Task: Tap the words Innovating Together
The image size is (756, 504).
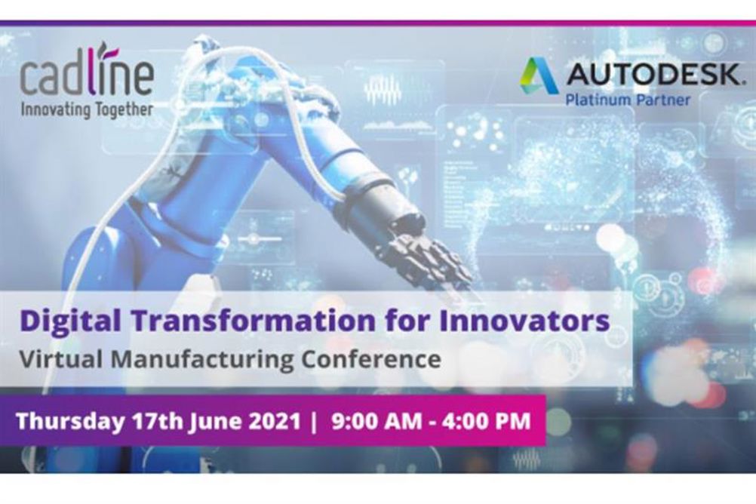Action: [87, 110]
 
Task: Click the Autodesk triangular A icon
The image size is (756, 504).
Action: [539, 75]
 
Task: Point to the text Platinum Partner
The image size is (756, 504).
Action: [628, 100]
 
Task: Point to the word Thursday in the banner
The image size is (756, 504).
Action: [70, 421]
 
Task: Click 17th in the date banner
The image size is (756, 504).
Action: [156, 420]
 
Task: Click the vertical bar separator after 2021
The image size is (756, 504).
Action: [315, 422]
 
